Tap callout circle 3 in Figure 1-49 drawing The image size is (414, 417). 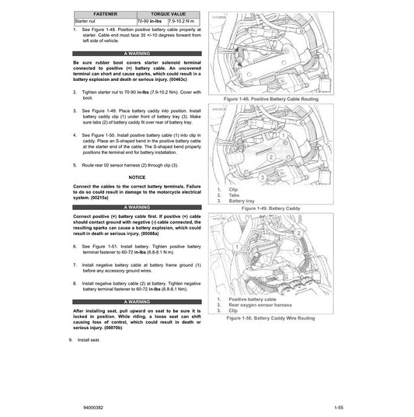click(x=263, y=177)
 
